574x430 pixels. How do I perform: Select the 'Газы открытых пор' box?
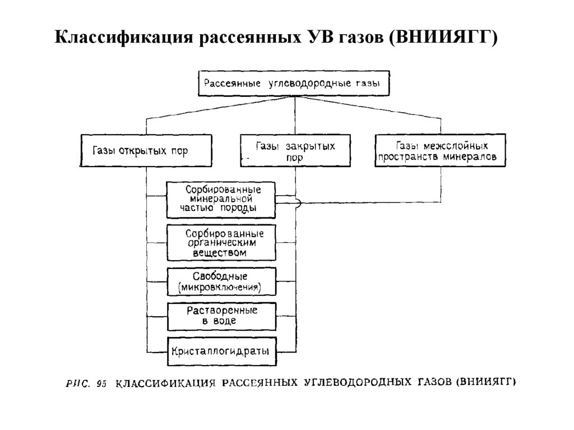[147, 150]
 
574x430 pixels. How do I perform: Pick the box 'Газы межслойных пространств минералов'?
[441, 151]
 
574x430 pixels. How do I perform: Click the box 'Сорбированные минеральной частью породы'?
[222, 200]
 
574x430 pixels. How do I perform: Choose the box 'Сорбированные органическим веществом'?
[222, 242]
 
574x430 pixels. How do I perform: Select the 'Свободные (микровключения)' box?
[222, 282]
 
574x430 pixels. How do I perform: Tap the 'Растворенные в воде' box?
[222, 316]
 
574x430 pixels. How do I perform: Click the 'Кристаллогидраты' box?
[222, 352]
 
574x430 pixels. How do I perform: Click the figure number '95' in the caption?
[101, 384]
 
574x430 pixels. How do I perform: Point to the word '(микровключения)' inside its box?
[221, 288]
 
